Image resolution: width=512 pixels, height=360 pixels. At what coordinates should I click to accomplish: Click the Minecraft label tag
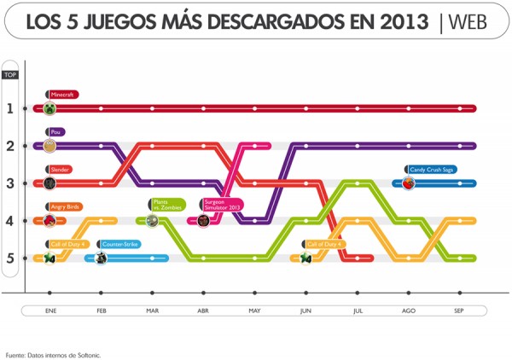point(63,95)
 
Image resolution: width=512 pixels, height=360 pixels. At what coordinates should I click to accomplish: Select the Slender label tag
point(59,170)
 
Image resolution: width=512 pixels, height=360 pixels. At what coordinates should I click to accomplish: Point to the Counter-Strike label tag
point(119,244)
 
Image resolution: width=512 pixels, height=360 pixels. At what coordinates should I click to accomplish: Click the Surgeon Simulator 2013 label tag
point(222,205)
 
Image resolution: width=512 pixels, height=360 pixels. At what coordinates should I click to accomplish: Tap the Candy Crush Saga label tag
point(432,170)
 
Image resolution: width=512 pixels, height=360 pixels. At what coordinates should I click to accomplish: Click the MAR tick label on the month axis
point(152,311)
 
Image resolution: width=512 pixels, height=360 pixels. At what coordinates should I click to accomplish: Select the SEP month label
point(459,311)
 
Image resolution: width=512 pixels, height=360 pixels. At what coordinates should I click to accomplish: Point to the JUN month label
point(305,311)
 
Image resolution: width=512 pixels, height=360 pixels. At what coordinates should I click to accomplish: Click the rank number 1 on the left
point(9,108)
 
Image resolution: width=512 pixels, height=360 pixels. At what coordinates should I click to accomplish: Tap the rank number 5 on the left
point(9,258)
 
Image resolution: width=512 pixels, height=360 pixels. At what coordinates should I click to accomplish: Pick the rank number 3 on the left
point(9,183)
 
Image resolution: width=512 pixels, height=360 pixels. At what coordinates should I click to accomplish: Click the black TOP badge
point(10,75)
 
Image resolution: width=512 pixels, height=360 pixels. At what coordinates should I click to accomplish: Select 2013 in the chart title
point(403,23)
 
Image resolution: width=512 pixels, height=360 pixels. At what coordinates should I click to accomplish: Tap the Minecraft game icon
point(49,108)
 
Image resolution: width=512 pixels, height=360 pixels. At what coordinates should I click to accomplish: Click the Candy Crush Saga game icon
point(409,183)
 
